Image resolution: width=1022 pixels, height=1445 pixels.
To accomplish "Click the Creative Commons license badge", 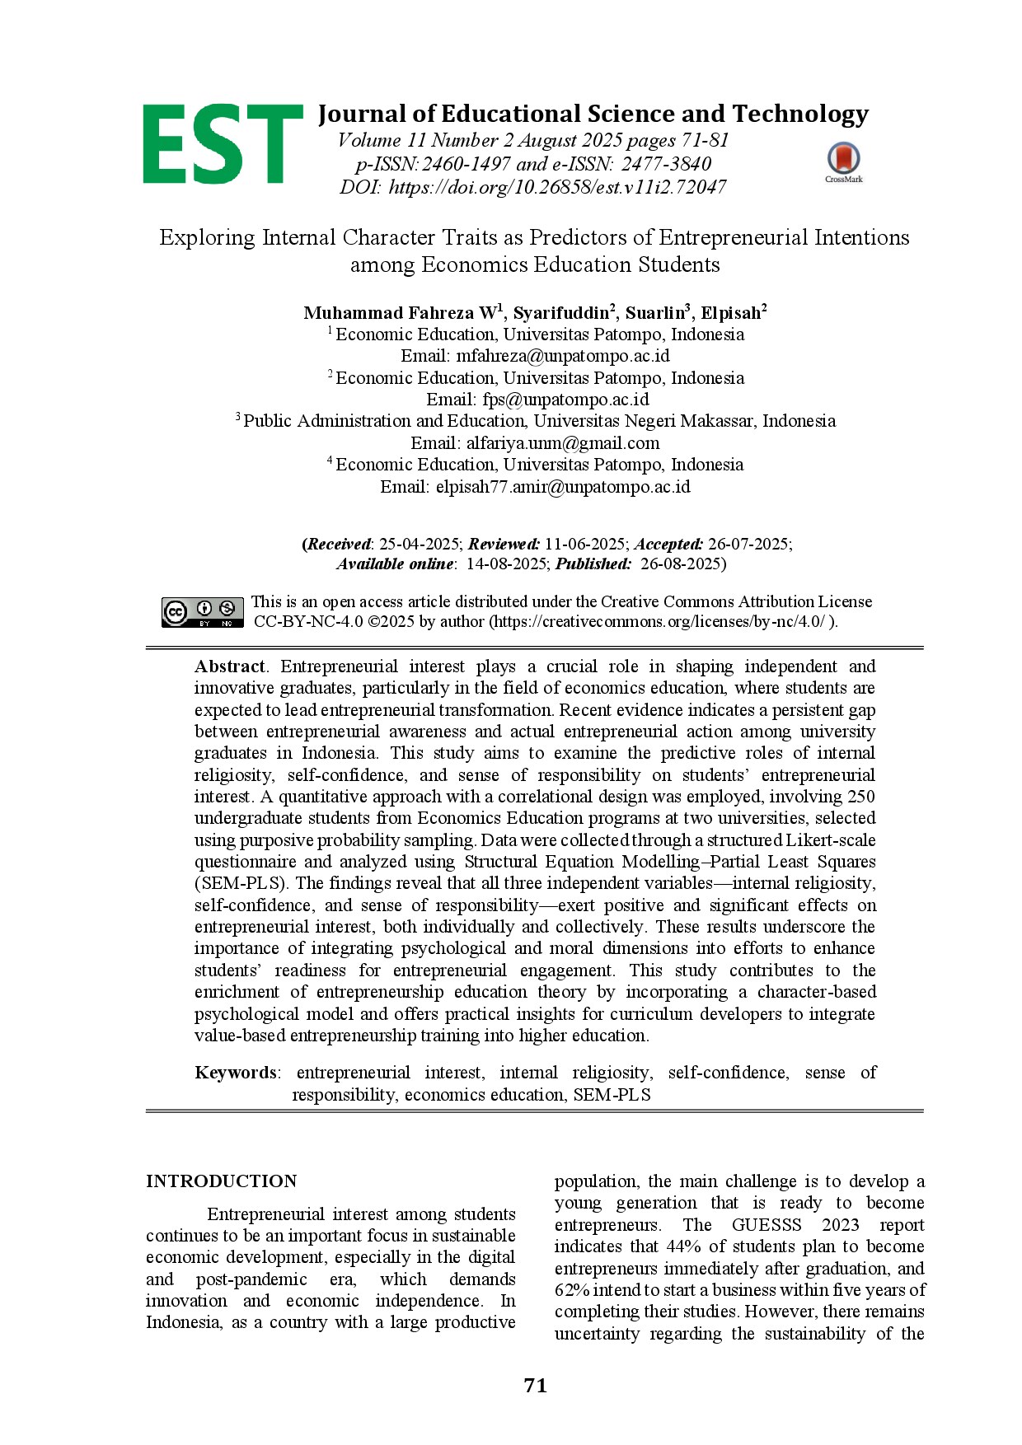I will tap(203, 611).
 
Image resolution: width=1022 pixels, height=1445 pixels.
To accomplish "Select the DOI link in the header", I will tap(557, 187).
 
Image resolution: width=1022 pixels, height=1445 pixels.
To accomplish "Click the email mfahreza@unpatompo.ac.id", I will tap(563, 356).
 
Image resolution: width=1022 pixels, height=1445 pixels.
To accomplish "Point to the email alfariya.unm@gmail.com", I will tap(563, 443).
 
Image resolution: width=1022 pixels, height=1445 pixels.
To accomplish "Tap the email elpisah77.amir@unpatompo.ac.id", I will tap(563, 487).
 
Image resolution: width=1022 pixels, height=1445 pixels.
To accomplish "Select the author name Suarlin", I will tap(655, 313).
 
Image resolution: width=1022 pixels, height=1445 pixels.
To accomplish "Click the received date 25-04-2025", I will tap(419, 544).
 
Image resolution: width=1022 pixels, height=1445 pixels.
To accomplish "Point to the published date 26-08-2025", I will tap(681, 564).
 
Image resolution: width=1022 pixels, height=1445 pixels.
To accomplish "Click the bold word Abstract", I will tap(230, 666).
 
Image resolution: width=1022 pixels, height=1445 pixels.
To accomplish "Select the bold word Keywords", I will tap(236, 1073).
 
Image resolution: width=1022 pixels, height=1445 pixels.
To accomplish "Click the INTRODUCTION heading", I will tap(221, 1181).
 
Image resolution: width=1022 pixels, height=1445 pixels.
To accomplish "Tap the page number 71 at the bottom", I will tap(535, 1386).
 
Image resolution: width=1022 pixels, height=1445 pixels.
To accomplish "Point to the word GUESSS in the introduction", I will tap(766, 1225).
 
